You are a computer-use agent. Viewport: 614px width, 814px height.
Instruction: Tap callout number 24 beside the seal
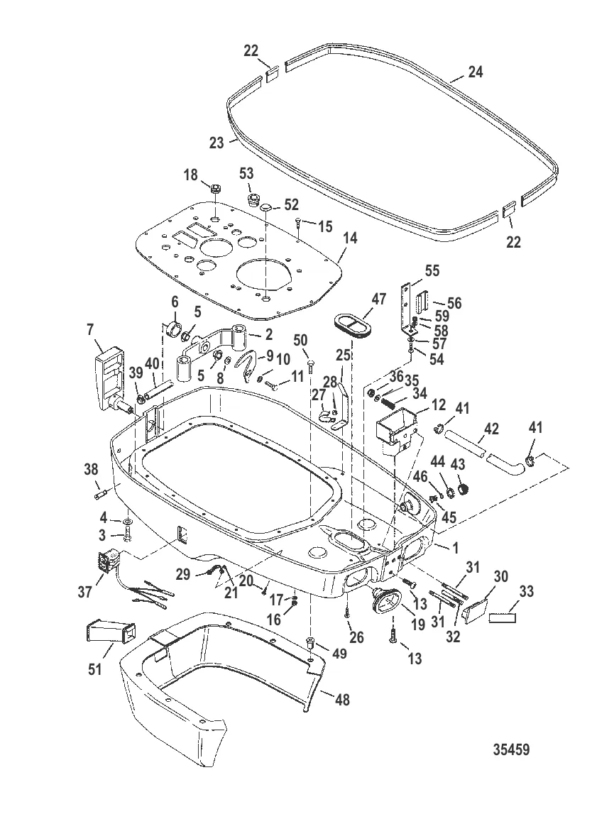pyautogui.click(x=476, y=72)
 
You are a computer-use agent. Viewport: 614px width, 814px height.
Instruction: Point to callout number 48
pyautogui.click(x=343, y=700)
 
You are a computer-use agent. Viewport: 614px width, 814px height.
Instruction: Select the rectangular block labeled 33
pyautogui.click(x=503, y=618)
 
